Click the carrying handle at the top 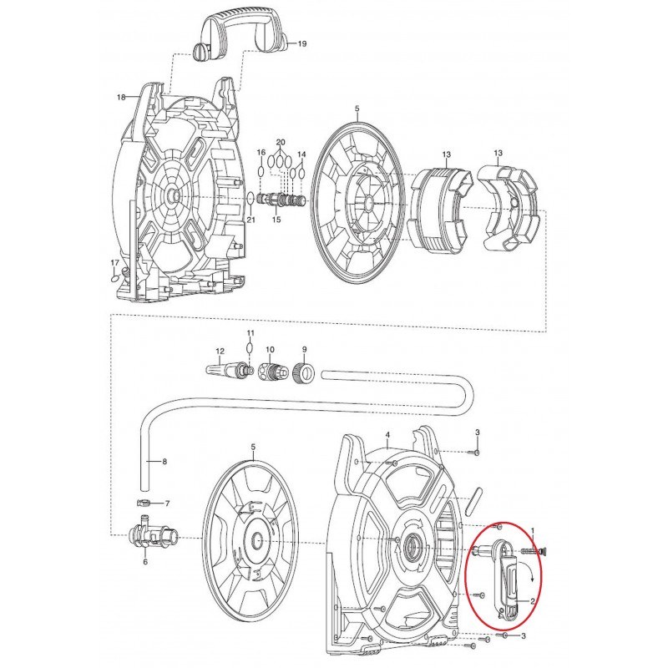point(240,31)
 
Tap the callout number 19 point(301,44)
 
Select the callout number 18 point(121,97)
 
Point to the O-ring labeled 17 point(114,278)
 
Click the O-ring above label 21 point(251,198)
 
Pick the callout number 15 point(276,220)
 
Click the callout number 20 point(281,142)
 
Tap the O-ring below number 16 point(261,172)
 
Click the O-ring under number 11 point(250,348)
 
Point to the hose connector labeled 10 point(271,368)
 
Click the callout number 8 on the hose point(164,462)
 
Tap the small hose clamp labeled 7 point(144,504)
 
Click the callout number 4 point(387,435)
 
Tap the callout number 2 point(533,601)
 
